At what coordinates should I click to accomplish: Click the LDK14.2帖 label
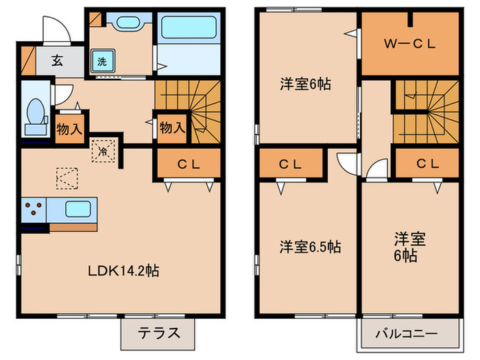point(123,271)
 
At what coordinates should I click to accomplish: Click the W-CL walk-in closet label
point(409,45)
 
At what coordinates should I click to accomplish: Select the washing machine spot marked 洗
point(101,60)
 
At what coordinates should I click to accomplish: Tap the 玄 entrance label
point(57,60)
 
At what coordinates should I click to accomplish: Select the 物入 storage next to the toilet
point(69,128)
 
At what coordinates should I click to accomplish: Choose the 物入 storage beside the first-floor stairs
point(171,128)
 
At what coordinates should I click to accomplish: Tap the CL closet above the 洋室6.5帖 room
point(291,164)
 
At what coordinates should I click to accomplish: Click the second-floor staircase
point(425,113)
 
